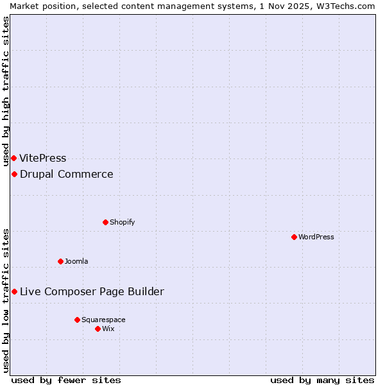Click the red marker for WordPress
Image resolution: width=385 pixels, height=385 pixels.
tap(294, 237)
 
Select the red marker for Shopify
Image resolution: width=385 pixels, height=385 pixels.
tap(105, 222)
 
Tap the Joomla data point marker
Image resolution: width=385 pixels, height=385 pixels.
tap(60, 261)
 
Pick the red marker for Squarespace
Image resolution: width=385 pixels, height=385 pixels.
tap(77, 320)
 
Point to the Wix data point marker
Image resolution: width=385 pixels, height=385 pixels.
tap(98, 329)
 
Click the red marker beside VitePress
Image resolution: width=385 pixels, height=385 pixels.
tap(13, 158)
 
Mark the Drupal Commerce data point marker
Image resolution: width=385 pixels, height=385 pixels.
tap(14, 175)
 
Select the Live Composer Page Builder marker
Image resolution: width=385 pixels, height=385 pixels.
tap(14, 292)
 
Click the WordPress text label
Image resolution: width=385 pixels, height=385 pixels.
tap(316, 237)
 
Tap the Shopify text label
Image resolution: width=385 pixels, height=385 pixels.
tap(122, 222)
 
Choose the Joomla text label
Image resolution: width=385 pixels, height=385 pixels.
tap(76, 261)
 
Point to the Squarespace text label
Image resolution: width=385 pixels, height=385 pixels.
tap(103, 320)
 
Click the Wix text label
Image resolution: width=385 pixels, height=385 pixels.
tap(108, 329)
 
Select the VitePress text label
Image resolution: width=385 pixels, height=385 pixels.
tap(43, 158)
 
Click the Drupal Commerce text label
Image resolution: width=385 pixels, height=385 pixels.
tap(67, 175)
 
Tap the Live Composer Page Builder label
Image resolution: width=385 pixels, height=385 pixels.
tap(92, 292)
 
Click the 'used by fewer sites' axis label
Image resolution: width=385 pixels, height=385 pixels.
tap(66, 380)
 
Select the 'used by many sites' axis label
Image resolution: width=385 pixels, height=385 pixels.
tap(322, 380)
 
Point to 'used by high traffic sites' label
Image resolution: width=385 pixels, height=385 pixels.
tap(6, 92)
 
